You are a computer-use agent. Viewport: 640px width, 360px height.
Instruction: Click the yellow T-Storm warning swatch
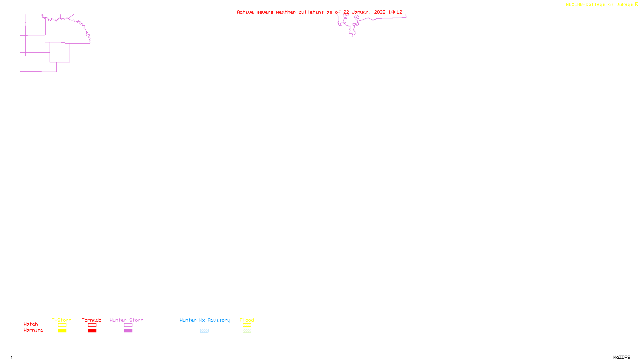[x=62, y=331]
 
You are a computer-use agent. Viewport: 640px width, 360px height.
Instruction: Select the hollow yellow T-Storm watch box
[x=62, y=325]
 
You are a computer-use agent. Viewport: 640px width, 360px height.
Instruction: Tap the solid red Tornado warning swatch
[x=92, y=331]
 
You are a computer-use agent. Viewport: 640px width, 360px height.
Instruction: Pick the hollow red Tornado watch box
[x=92, y=325]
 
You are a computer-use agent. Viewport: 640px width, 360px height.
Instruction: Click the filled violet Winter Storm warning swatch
[x=128, y=331]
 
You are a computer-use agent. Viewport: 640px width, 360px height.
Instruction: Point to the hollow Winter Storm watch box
[x=128, y=325]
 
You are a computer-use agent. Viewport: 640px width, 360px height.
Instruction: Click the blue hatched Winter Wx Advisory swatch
[x=204, y=331]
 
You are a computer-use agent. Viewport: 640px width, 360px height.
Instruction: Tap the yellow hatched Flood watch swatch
[x=247, y=325]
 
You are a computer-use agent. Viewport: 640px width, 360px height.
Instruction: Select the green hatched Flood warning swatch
[x=247, y=331]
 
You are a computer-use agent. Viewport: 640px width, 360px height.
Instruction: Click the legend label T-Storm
[x=62, y=320]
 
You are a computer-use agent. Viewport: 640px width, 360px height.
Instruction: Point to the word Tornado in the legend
[x=92, y=320]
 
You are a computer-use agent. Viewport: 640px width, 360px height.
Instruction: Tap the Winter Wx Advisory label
[x=205, y=320]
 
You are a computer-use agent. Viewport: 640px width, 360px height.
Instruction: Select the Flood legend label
[x=247, y=320]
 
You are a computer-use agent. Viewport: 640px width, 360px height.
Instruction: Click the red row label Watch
[x=31, y=324]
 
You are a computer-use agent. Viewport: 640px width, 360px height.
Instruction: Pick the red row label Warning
[x=34, y=330]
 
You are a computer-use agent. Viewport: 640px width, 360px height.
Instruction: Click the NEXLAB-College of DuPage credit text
[x=600, y=5]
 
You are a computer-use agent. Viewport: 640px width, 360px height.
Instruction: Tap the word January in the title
[x=362, y=12]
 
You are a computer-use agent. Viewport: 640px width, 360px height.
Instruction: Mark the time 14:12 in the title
[x=395, y=12]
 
